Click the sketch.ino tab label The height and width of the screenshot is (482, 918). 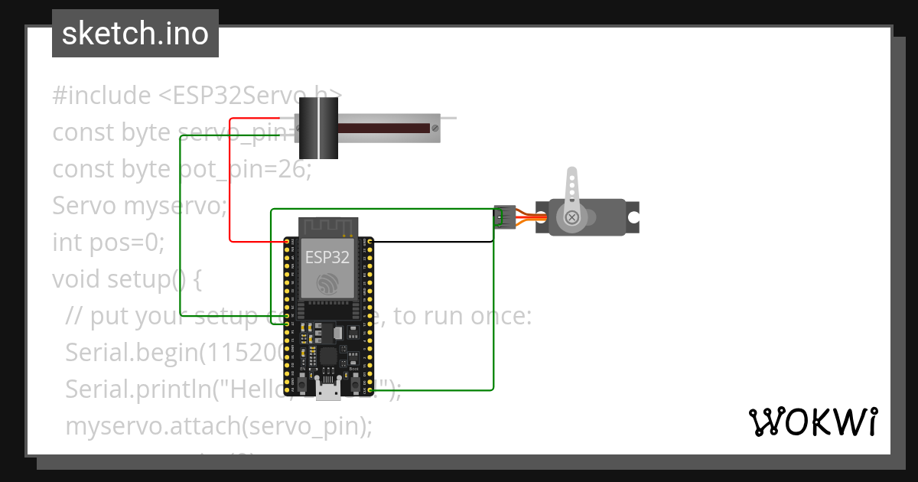click(x=135, y=34)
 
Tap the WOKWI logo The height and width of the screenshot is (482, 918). click(x=812, y=422)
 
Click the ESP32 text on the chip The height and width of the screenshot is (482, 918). click(x=327, y=256)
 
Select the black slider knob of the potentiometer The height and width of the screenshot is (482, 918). click(x=317, y=129)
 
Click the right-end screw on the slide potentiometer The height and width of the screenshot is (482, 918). click(x=435, y=129)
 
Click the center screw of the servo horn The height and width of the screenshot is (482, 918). click(x=571, y=218)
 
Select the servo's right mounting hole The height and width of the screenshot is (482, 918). click(x=633, y=217)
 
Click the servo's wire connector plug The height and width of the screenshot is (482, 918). click(x=503, y=217)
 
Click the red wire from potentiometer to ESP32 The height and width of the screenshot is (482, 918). click(x=230, y=184)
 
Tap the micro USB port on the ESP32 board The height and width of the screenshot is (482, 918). click(x=329, y=392)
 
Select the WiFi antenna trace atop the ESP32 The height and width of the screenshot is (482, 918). click(x=328, y=226)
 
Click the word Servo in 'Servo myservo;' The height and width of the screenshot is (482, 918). click(x=84, y=206)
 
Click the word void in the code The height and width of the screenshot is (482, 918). click(x=76, y=279)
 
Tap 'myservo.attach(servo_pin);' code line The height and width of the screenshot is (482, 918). click(x=219, y=425)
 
